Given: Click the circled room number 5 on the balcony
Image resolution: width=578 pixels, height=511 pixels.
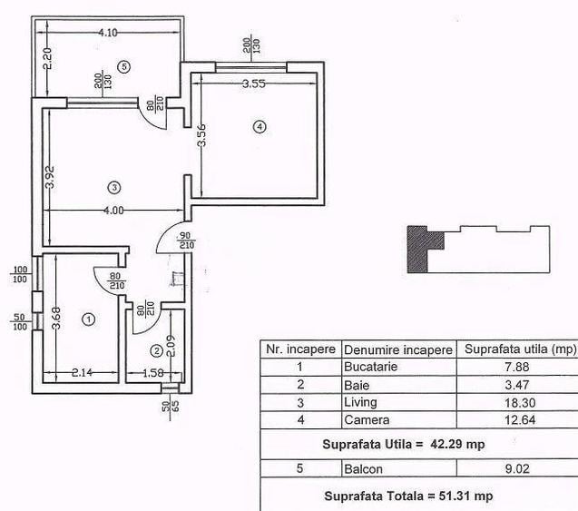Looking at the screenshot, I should (x=124, y=65).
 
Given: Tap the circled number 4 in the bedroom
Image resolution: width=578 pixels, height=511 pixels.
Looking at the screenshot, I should (x=260, y=127).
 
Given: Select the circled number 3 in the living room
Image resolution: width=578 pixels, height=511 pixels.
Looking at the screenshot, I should (x=113, y=188).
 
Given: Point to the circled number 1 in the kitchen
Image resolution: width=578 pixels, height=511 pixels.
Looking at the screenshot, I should (x=88, y=319).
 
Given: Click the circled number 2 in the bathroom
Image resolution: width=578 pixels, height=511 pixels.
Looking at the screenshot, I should (x=156, y=350).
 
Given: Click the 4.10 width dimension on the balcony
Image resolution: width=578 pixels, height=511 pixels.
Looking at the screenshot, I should (x=109, y=33).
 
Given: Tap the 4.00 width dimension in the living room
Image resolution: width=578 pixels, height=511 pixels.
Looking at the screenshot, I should (x=113, y=210).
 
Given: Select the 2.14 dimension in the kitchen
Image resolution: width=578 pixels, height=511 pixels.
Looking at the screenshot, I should (x=82, y=372).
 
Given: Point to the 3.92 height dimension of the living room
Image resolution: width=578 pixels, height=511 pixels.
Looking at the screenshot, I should (x=52, y=175).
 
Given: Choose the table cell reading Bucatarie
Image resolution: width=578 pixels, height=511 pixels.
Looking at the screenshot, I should (x=371, y=367).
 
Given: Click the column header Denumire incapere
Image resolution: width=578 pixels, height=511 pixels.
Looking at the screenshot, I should (x=397, y=349).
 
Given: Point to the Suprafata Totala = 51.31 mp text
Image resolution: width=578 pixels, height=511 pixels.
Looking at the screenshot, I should (x=409, y=496).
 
